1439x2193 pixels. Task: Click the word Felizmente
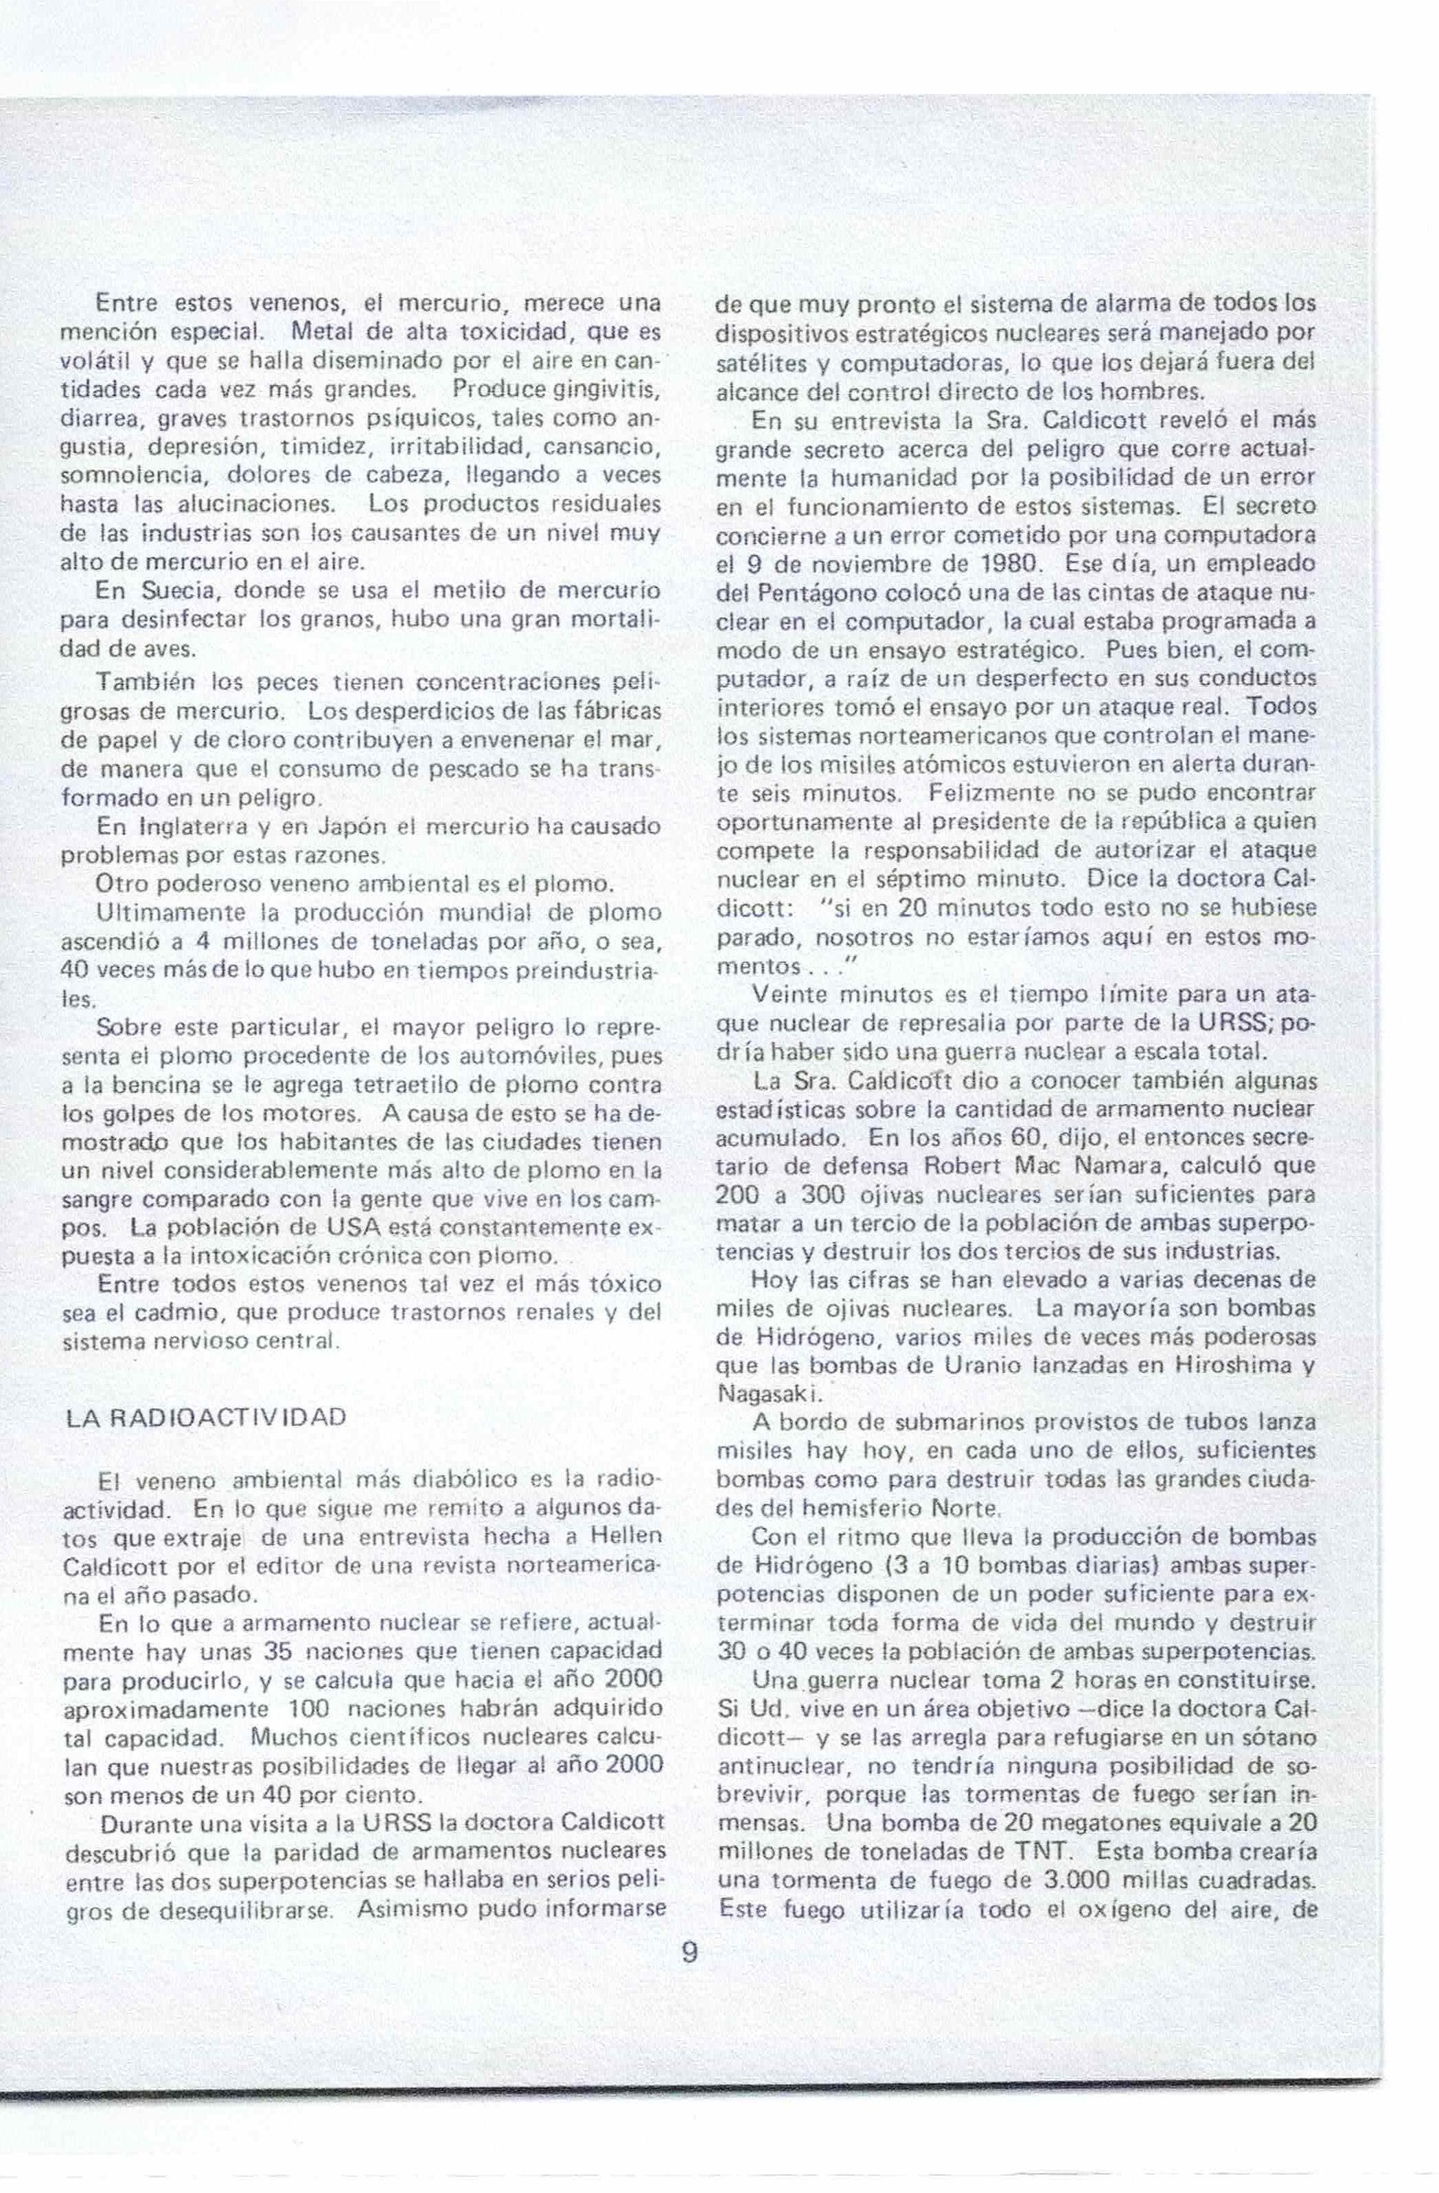(985, 792)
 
